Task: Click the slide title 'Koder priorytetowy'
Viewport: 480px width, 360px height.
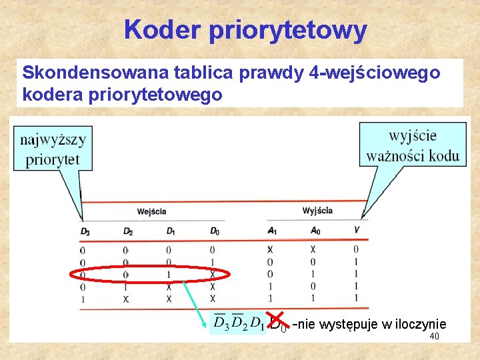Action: pos(245,30)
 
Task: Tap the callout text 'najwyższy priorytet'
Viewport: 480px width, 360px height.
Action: pos(53,149)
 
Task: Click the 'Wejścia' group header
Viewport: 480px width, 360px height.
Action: pos(152,211)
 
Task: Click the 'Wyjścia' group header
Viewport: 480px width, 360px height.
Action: pos(317,211)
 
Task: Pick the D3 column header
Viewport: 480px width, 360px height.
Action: pos(84,231)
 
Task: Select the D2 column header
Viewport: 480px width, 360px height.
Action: pos(128,231)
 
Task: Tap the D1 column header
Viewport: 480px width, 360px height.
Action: pos(171,231)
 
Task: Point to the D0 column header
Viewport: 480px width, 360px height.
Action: pos(214,231)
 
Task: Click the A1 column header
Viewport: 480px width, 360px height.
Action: pos(271,231)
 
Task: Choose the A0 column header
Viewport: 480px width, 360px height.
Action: pos(315,231)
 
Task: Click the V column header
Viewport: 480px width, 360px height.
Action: pos(357,231)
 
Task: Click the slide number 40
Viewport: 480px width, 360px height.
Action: pos(434,337)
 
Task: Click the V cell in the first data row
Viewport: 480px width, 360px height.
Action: pos(357,249)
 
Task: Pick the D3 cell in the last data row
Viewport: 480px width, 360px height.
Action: pos(83,299)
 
